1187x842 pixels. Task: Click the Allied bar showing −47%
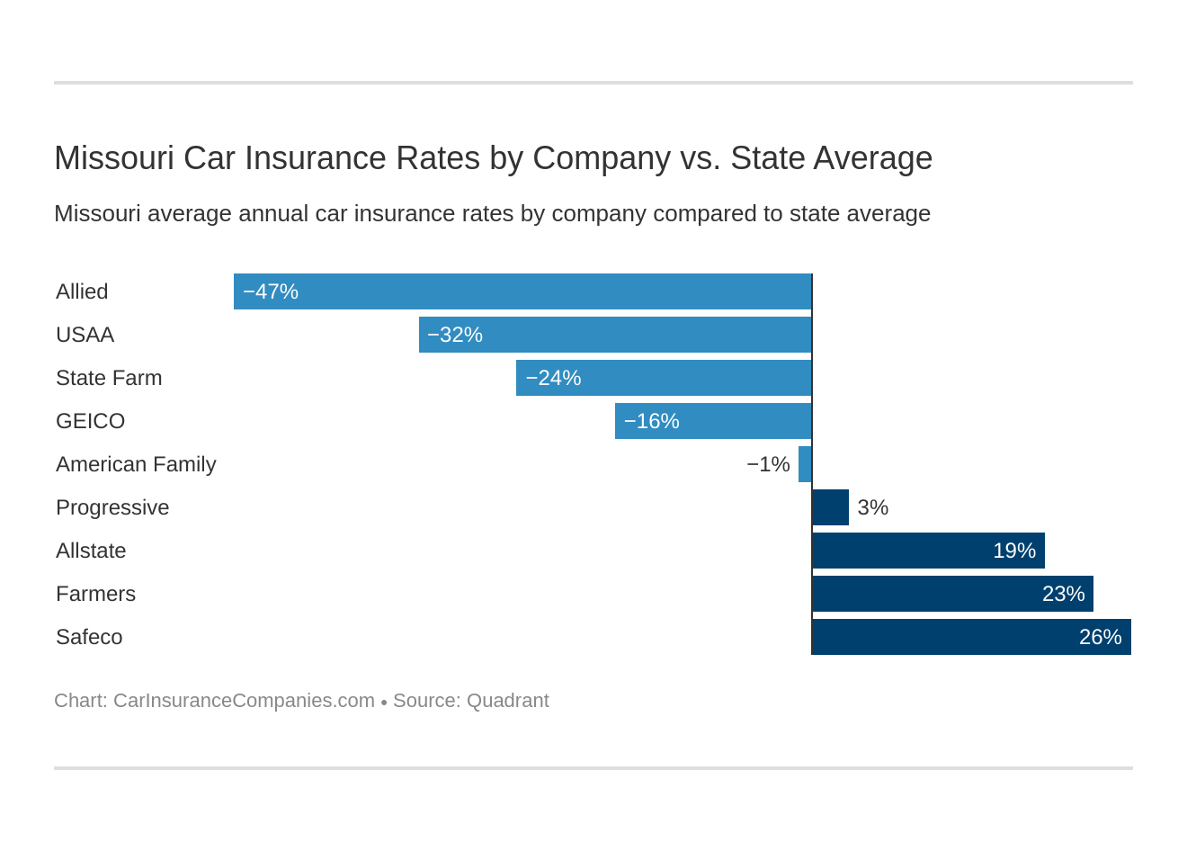click(522, 291)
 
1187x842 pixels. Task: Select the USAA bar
click(615, 335)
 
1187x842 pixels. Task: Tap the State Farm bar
click(664, 378)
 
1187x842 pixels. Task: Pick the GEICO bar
click(713, 421)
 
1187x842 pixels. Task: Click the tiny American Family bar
click(805, 464)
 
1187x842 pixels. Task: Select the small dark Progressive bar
click(830, 507)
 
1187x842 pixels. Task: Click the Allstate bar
click(928, 551)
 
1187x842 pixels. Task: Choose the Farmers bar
click(952, 594)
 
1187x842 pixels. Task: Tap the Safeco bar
click(971, 637)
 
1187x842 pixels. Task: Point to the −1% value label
click(768, 464)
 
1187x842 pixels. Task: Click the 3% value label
click(872, 507)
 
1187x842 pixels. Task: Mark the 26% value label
click(1100, 637)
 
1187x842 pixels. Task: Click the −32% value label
click(455, 335)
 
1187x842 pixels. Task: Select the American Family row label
click(136, 464)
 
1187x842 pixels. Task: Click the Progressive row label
click(112, 507)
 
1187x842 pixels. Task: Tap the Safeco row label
click(89, 637)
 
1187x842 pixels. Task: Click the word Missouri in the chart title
click(114, 158)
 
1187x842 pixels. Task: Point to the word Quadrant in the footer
click(507, 701)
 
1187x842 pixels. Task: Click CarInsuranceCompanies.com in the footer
click(244, 701)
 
